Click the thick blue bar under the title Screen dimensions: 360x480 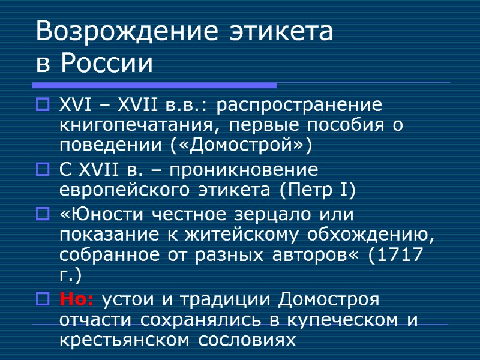pyautogui.click(x=156, y=85)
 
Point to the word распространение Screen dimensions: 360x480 pyautogui.click(x=298, y=106)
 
